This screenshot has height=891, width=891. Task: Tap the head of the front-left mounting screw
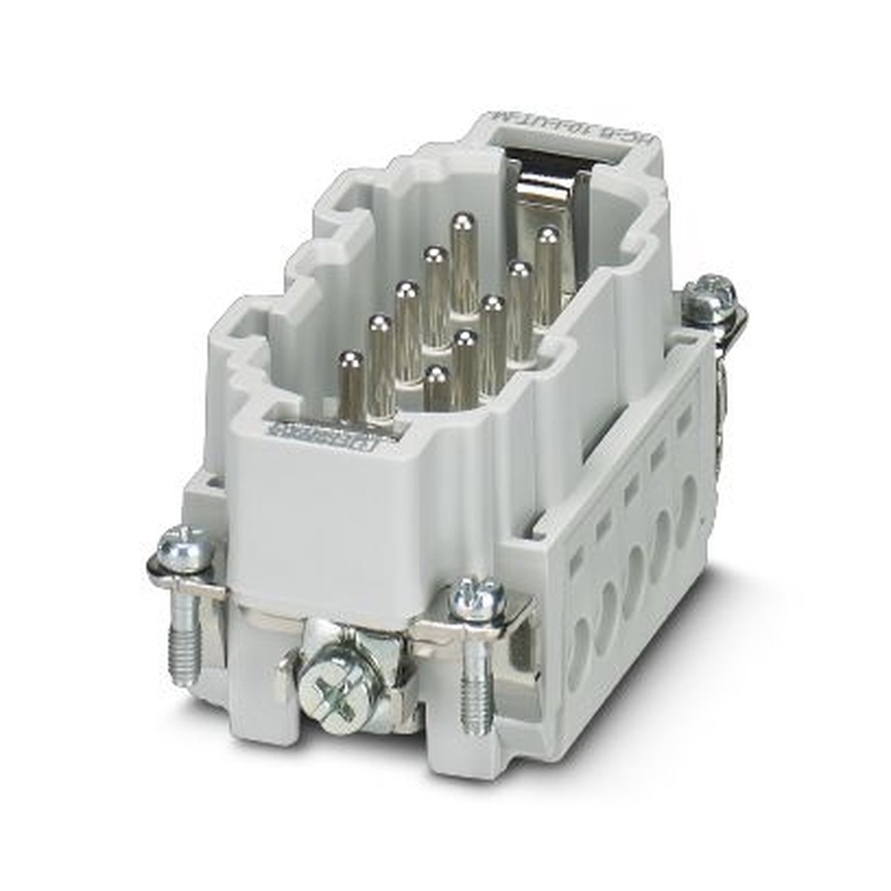[185, 549]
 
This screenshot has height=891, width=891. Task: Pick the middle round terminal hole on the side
[634, 569]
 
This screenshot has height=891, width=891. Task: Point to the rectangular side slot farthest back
[684, 423]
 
